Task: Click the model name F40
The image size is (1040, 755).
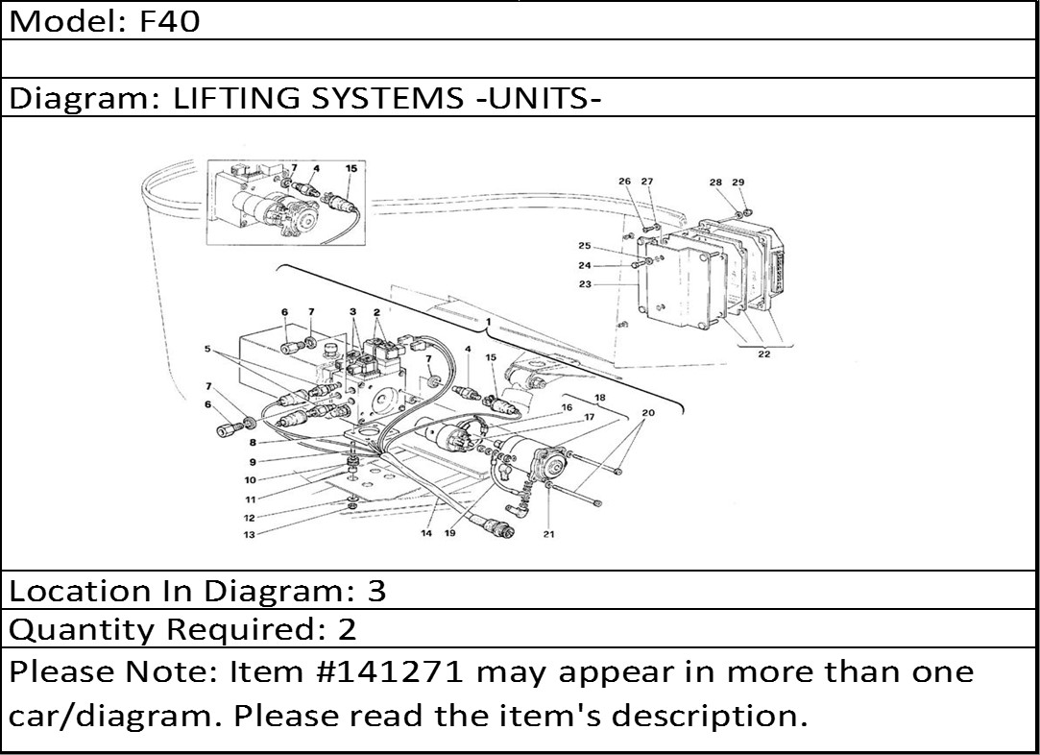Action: point(170,21)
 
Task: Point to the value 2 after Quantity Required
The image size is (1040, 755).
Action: point(347,630)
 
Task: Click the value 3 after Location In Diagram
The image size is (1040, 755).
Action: point(376,591)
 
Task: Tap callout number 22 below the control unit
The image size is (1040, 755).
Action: point(763,354)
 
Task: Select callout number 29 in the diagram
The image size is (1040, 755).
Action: point(738,183)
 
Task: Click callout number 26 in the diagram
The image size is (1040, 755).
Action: point(624,183)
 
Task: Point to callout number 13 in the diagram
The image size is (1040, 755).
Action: point(249,535)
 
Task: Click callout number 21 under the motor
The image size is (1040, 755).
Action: point(548,534)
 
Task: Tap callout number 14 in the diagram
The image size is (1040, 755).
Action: point(426,534)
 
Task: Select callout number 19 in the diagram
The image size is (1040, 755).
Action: point(449,534)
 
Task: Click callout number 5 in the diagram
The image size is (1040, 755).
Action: point(206,350)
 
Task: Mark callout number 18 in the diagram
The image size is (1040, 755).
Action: point(599,397)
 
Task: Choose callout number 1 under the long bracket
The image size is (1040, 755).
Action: point(488,320)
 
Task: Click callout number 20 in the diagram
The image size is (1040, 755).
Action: point(647,412)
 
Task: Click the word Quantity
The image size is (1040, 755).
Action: point(85,630)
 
